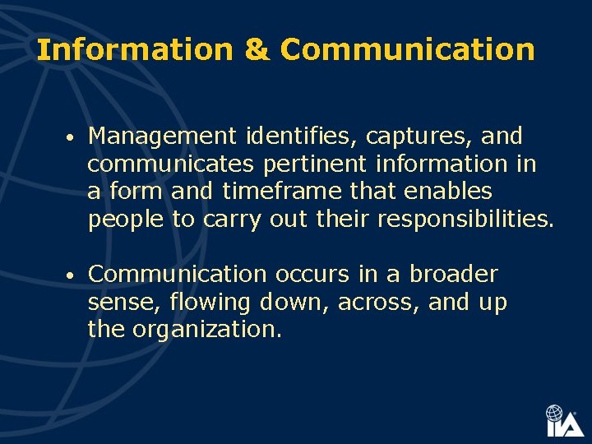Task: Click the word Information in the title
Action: click(x=134, y=50)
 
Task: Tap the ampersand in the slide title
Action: click(x=256, y=50)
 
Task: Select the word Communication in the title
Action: click(x=408, y=50)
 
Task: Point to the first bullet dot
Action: click(x=72, y=136)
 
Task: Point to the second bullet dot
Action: click(x=72, y=275)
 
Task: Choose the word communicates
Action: click(x=172, y=164)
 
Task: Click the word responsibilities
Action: click(x=465, y=220)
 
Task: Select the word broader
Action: click(x=454, y=274)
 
